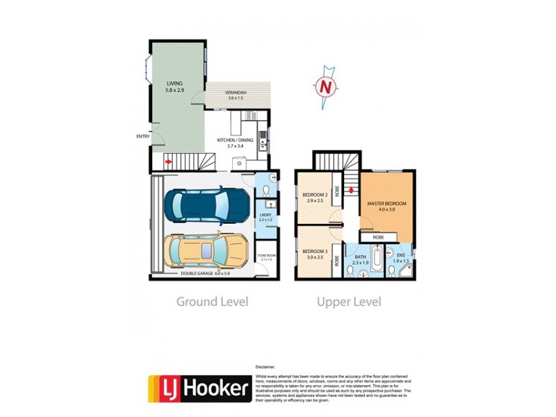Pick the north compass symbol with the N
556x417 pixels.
[x=324, y=87]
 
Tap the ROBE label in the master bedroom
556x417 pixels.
[x=378, y=237]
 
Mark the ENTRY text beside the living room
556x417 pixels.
[x=143, y=136]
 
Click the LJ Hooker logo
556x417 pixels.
[x=199, y=388]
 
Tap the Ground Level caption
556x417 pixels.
[x=212, y=302]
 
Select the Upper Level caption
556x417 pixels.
[x=349, y=302]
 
